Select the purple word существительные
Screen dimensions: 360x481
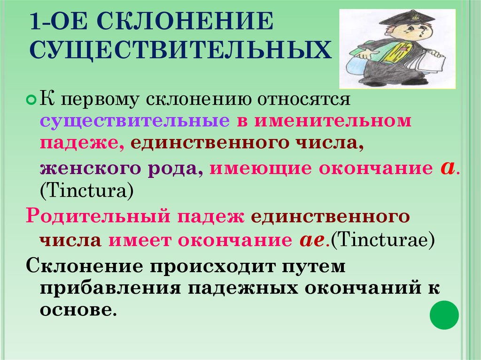(134, 121)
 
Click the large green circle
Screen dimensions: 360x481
(444, 314)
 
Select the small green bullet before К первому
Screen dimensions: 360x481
(31, 100)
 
